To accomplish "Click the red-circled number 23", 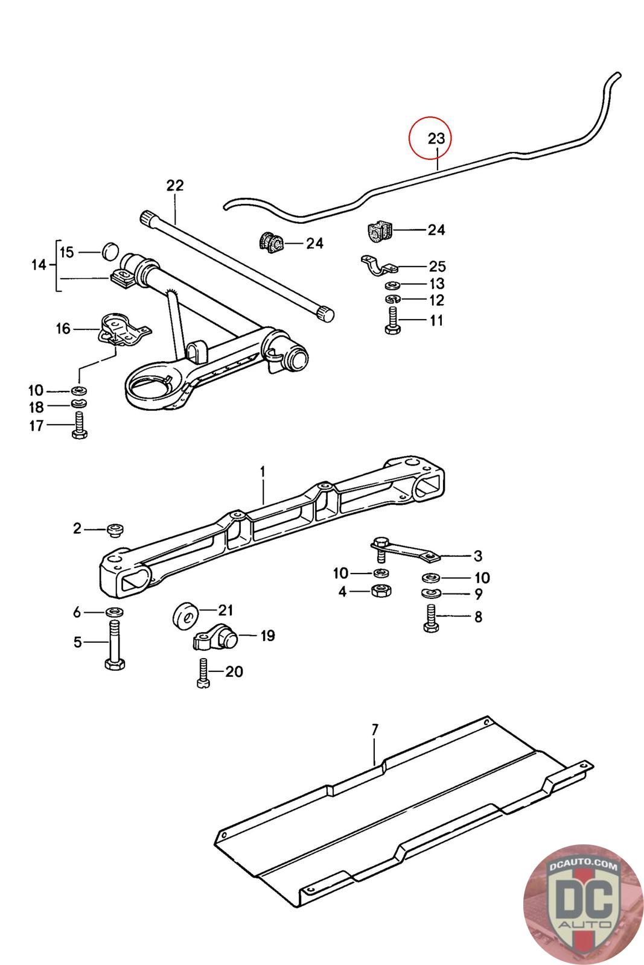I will (436, 138).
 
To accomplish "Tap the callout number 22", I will (174, 185).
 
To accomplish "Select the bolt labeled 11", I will (391, 320).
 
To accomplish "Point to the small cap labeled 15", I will (109, 250).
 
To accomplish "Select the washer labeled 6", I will (115, 612).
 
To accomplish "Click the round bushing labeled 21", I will (187, 616).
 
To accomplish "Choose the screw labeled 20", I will (203, 672).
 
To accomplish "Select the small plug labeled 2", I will (115, 530).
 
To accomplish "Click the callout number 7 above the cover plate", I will (374, 730).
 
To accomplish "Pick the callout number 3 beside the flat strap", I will (477, 555).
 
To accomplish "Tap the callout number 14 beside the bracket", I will (39, 264).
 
